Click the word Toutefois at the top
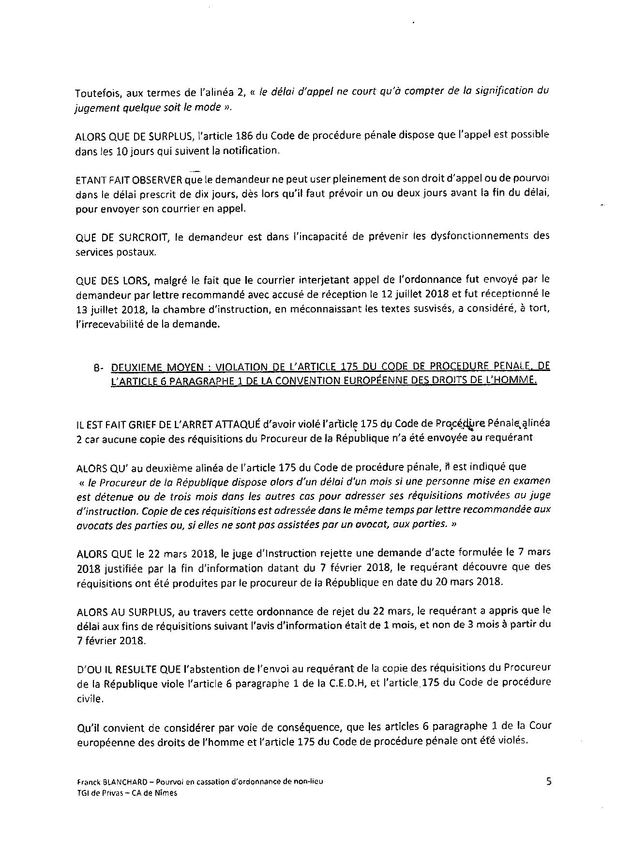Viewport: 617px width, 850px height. [94, 91]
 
